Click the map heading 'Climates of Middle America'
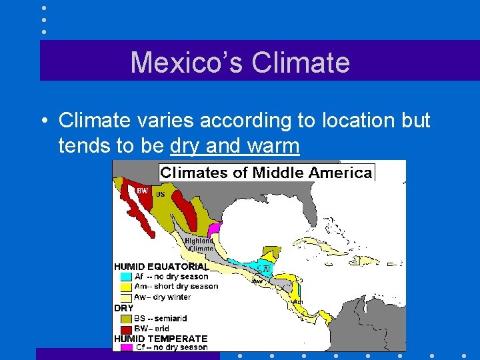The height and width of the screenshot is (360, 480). tap(266, 173)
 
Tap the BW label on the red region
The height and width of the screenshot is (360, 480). tap(142, 191)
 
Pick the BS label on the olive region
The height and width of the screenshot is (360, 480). tap(160, 194)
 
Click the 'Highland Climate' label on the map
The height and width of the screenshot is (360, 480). tap(199, 244)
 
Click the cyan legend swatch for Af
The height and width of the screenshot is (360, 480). tap(126, 277)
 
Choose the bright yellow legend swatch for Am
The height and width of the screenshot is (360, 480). tap(126, 287)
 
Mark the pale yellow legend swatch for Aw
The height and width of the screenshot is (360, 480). tap(126, 297)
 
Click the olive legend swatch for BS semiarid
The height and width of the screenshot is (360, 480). tap(126, 319)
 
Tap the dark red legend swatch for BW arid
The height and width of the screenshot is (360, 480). tap(126, 329)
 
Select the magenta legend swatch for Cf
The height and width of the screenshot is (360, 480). tap(126, 347)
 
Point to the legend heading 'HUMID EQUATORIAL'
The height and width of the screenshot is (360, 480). tap(161, 267)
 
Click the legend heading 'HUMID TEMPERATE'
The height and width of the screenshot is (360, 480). tap(161, 338)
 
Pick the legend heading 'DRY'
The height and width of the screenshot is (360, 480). tap(124, 309)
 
